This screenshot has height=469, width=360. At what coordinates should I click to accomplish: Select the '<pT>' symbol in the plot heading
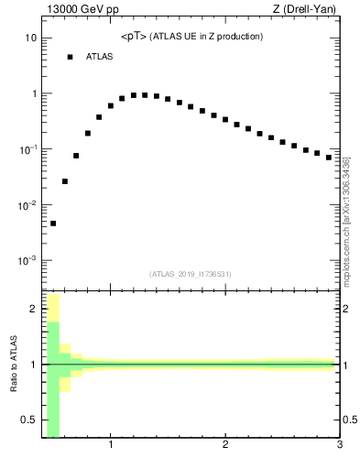click(132, 37)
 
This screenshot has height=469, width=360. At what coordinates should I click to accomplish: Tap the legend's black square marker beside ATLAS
click(70, 57)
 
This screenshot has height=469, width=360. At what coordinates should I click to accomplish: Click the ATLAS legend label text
click(100, 57)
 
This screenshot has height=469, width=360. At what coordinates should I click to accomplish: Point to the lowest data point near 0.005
click(53, 224)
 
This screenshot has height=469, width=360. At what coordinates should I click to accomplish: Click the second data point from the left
click(65, 181)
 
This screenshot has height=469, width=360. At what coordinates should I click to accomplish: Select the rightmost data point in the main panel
click(329, 158)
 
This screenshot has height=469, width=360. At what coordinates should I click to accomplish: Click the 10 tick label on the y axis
click(29, 38)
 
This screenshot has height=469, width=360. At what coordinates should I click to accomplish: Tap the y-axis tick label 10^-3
click(27, 261)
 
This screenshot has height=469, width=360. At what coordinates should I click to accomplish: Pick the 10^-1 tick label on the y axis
click(27, 149)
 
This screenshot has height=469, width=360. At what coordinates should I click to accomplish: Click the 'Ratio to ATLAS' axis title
click(13, 365)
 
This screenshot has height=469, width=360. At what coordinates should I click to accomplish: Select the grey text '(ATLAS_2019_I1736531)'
click(191, 274)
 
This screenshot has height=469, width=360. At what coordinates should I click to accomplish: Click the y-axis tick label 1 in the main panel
click(33, 93)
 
